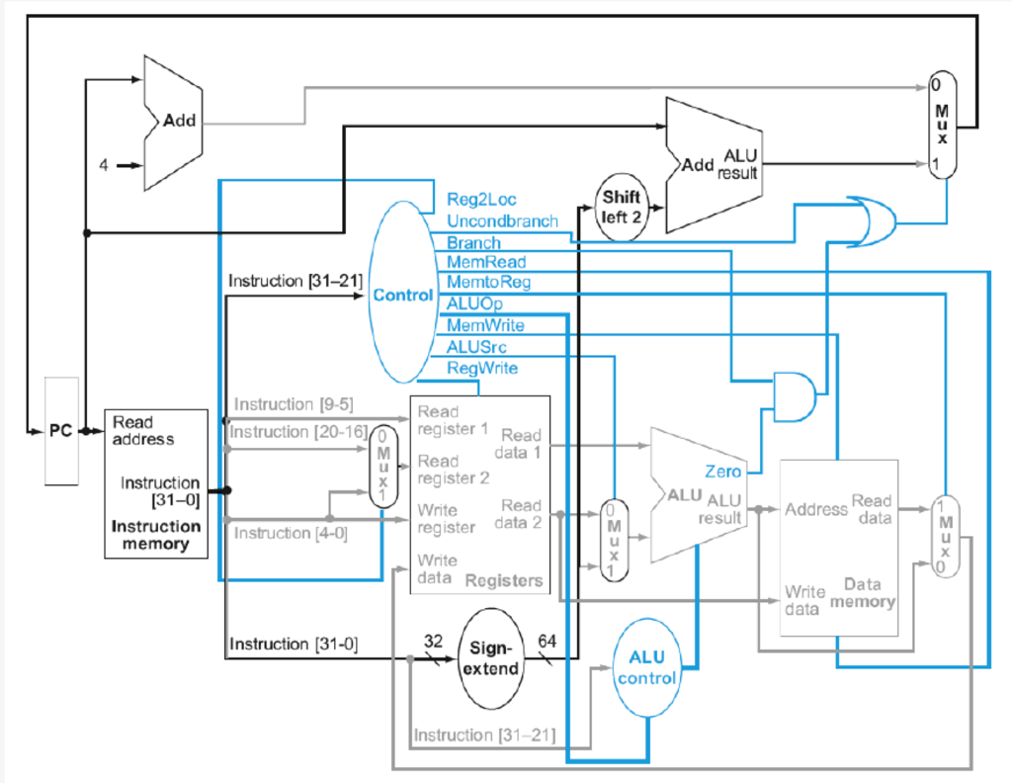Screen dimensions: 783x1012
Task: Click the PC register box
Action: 60,431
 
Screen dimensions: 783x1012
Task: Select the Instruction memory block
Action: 156,483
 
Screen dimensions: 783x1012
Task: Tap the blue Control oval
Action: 401,295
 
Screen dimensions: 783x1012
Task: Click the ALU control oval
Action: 646,667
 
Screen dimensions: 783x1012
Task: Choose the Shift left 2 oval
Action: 623,209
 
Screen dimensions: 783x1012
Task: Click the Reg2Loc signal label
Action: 481,200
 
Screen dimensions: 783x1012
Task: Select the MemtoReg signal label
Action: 488,283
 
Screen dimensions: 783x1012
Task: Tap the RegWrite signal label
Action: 482,368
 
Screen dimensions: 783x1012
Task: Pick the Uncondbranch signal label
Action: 502,220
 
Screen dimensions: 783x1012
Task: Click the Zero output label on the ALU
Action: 723,470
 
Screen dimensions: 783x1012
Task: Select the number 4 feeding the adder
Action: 103,165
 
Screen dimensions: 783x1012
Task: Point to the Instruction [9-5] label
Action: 294,404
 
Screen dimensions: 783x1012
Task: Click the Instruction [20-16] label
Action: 298,432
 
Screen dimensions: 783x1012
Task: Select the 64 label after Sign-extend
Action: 546,642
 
